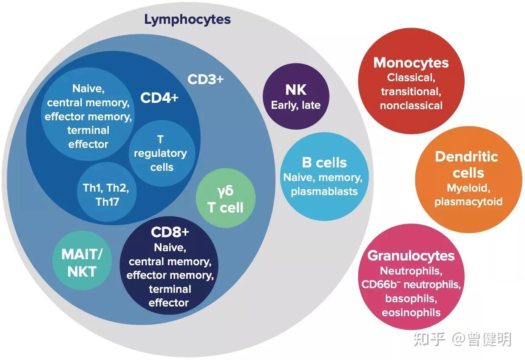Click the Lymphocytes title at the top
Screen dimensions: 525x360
click(187, 20)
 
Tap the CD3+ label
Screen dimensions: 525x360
click(205, 79)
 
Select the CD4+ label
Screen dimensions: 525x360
click(159, 97)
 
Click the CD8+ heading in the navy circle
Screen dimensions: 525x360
click(170, 232)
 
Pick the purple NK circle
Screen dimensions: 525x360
click(296, 96)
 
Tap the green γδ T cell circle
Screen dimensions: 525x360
click(226, 198)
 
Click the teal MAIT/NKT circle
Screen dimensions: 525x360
click(82, 261)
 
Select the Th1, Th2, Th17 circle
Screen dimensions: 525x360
click(107, 192)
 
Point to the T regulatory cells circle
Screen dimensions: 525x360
click(162, 153)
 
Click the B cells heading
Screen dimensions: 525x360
click(324, 162)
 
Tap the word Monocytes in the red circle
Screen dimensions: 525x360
click(411, 63)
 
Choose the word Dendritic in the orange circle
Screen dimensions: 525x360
click(466, 156)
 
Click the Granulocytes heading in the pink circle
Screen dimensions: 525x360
click(411, 256)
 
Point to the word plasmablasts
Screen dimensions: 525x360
click(324, 192)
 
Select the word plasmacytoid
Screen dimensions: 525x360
click(468, 202)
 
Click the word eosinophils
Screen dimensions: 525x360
click(411, 313)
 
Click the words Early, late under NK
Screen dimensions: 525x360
click(296, 105)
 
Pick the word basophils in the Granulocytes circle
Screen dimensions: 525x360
click(411, 299)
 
